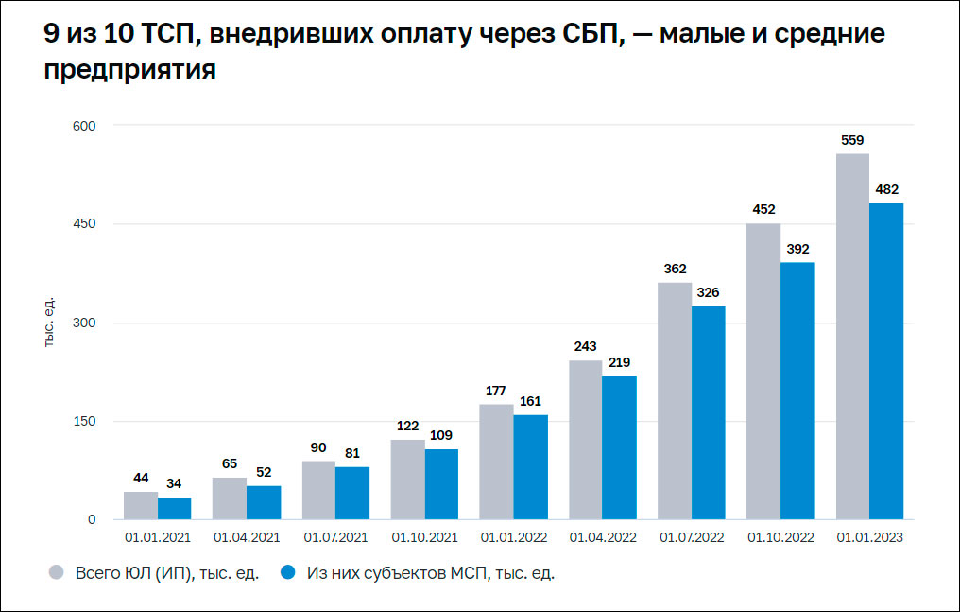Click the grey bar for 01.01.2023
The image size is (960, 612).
tap(852, 337)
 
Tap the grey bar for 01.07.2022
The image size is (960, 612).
tap(675, 401)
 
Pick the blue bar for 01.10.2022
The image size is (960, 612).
tap(797, 391)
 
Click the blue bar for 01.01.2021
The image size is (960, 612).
tap(174, 509)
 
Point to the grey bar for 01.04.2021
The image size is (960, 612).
tap(230, 498)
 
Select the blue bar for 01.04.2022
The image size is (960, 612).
tap(619, 447)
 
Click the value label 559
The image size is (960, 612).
tap(852, 140)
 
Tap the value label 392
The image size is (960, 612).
tap(797, 250)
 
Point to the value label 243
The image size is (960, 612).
tap(585, 347)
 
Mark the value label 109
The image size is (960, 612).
tap(441, 436)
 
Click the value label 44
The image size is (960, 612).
tap(140, 479)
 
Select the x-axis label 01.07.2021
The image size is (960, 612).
tap(335, 537)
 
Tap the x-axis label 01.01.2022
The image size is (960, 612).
tap(513, 537)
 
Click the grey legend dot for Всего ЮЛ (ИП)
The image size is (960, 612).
tap(56, 573)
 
